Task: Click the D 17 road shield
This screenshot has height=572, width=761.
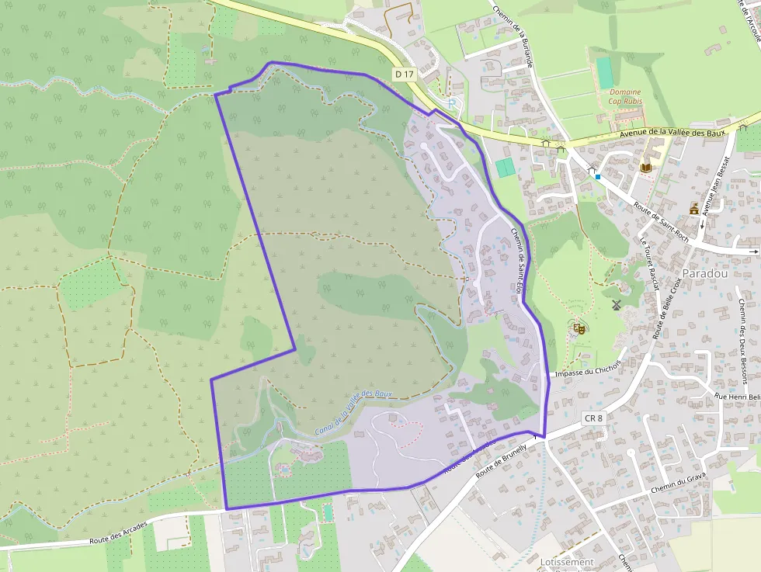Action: (x=401, y=74)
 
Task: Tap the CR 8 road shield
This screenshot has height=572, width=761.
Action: (x=593, y=418)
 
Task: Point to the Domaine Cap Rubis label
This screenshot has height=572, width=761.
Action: (x=625, y=96)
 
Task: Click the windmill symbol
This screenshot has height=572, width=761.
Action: (x=617, y=305)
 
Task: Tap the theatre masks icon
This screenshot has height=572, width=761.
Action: (x=579, y=328)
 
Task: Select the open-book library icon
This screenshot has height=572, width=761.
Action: (x=646, y=168)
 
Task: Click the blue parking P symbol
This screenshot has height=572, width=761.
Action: (x=453, y=103)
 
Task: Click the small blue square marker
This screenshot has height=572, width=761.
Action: (x=599, y=177)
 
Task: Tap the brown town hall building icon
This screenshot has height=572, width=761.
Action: (x=694, y=207)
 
